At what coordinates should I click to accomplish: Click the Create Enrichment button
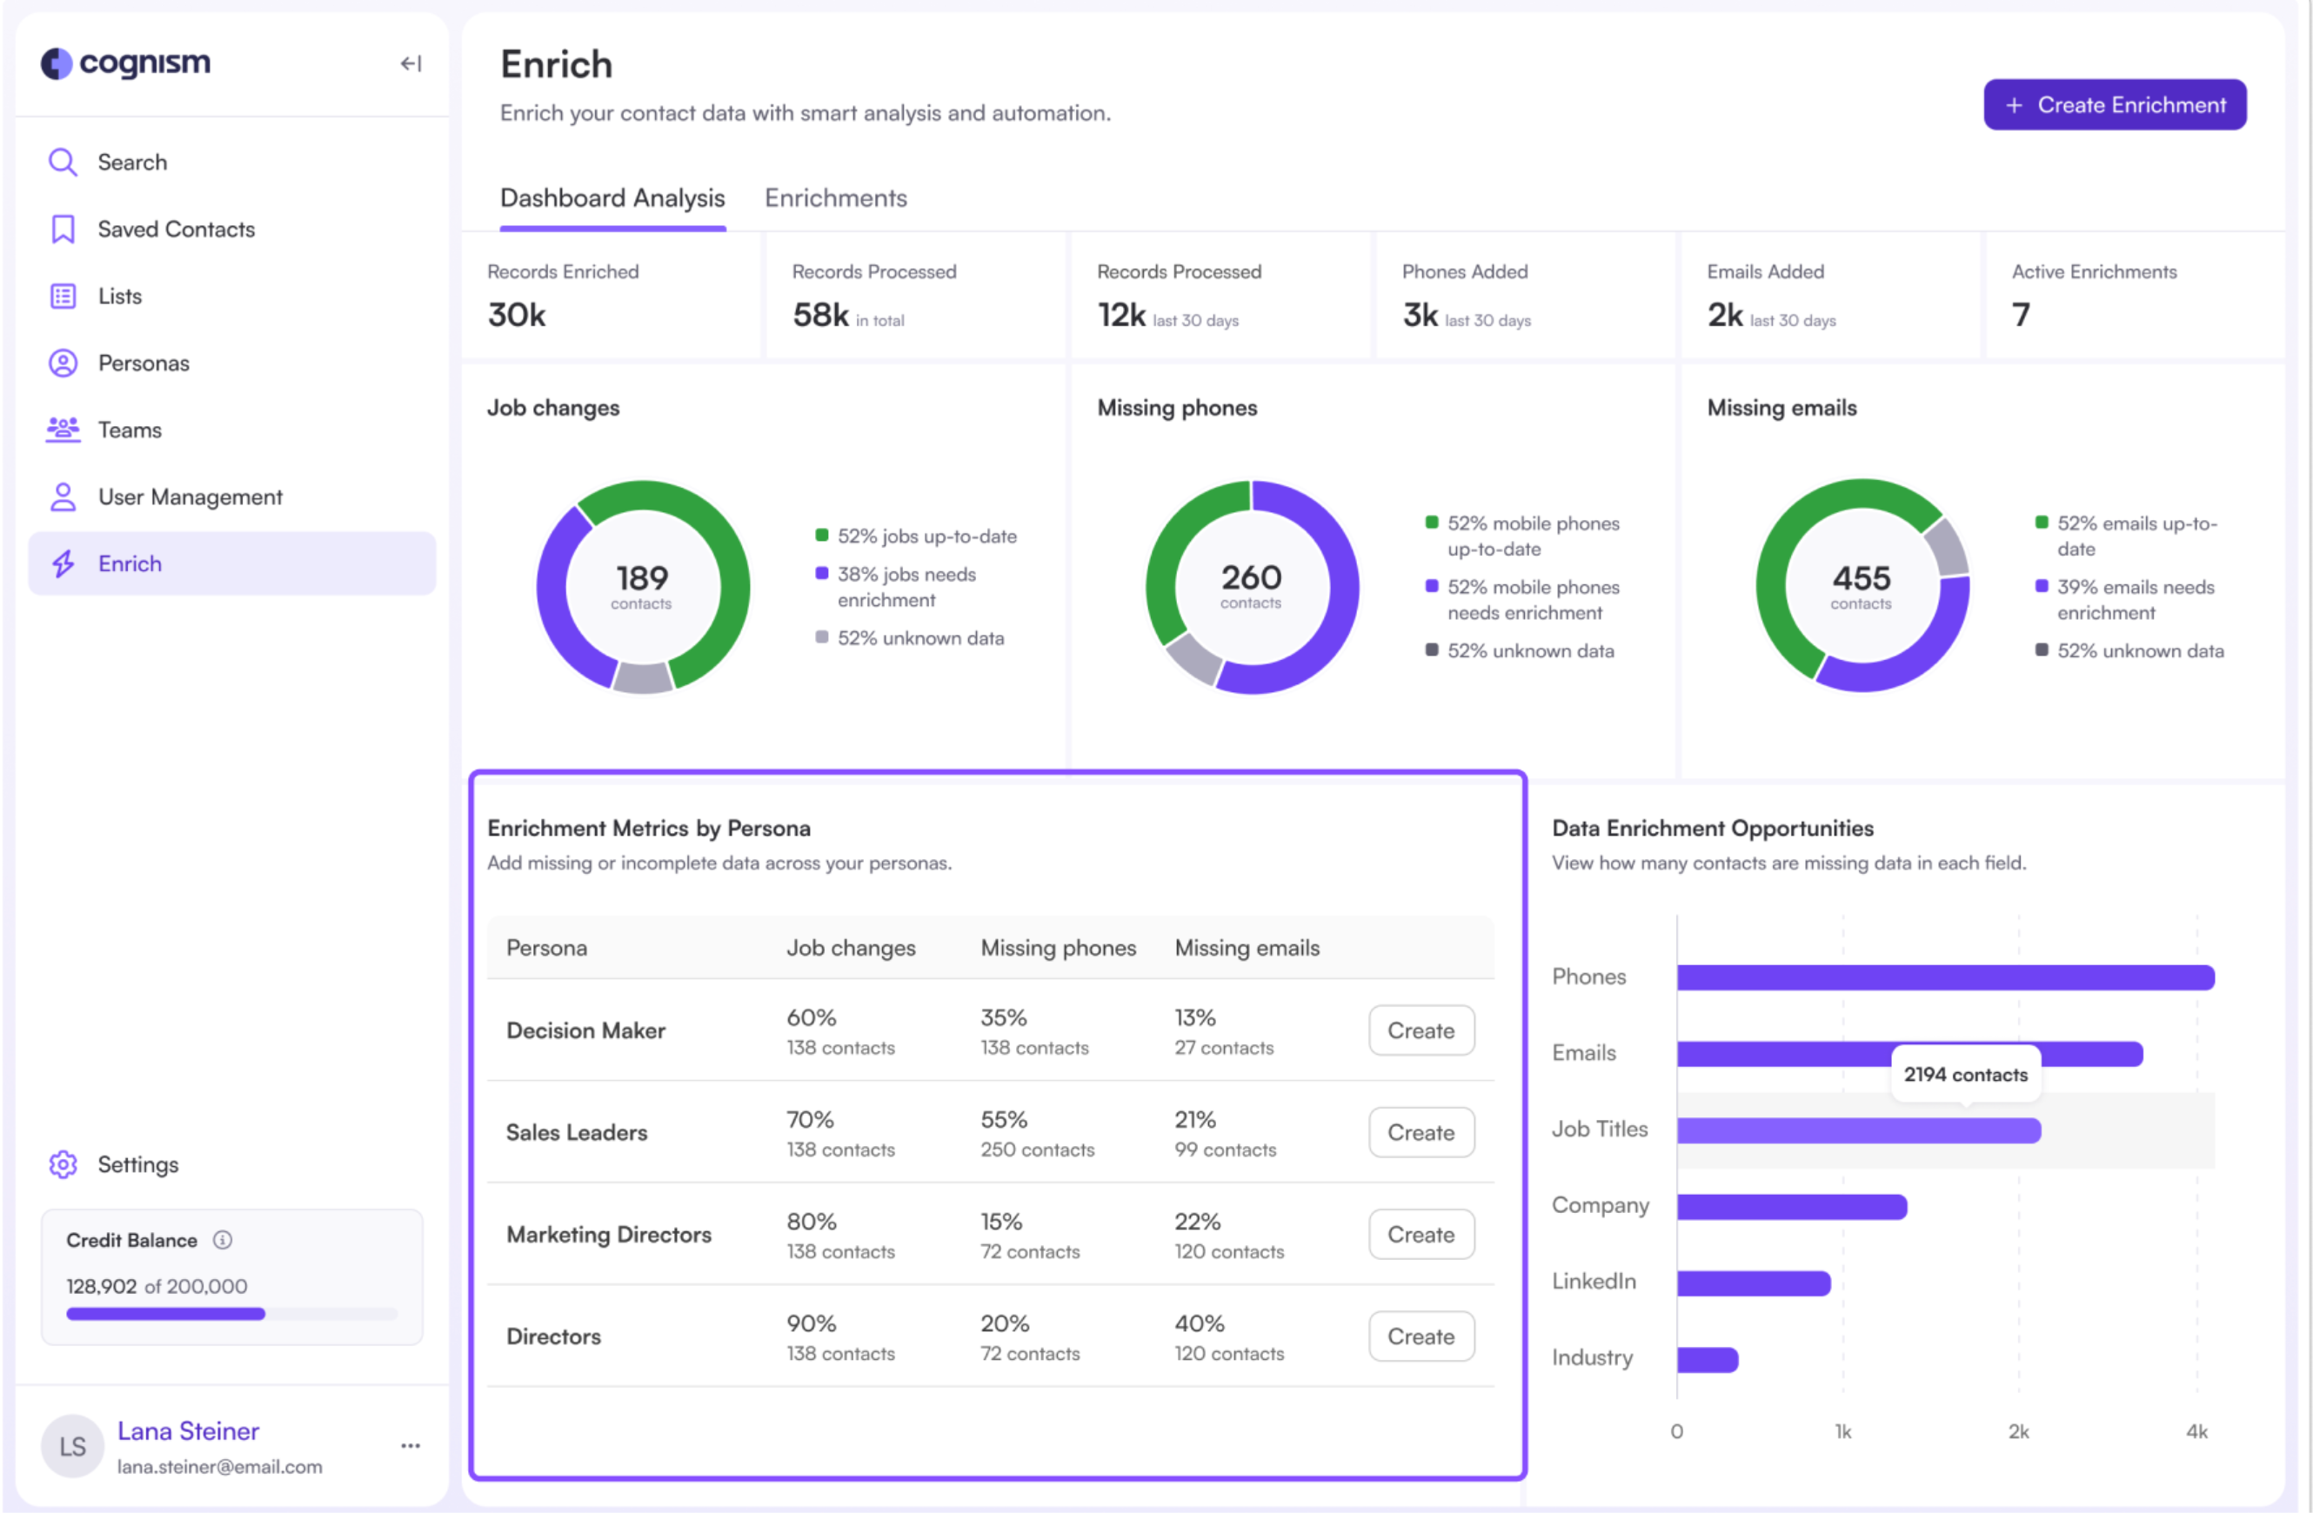point(2114,105)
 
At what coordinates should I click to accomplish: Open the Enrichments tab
point(835,198)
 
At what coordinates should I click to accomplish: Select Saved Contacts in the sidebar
point(176,230)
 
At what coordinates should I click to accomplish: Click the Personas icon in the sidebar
point(64,363)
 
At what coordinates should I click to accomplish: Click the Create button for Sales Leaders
point(1420,1132)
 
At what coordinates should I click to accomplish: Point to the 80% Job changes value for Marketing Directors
point(811,1222)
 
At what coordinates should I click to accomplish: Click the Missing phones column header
point(1058,948)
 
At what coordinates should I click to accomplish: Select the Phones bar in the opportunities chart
point(1943,977)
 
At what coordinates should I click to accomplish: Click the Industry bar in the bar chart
point(1707,1359)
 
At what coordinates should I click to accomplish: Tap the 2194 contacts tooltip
point(1965,1075)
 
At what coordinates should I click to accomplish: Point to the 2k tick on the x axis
point(2017,1431)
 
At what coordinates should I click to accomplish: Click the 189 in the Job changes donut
point(641,579)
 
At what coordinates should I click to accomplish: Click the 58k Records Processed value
point(820,315)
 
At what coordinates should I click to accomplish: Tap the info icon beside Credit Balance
point(223,1240)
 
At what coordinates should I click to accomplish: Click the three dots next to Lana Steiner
point(410,1446)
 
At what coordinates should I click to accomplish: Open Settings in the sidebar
point(137,1164)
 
